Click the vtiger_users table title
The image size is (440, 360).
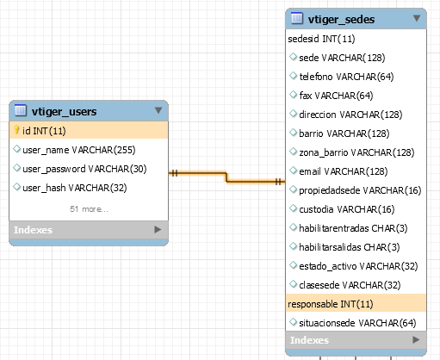tap(64, 111)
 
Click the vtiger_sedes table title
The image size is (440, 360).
tap(341, 20)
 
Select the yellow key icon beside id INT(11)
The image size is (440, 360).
tap(16, 130)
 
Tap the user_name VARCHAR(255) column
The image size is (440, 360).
tap(79, 150)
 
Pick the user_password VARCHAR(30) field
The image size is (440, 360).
tap(84, 169)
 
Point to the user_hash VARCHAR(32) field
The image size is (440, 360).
tap(75, 188)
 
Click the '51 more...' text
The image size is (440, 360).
tap(89, 209)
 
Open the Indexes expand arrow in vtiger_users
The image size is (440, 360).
tap(158, 229)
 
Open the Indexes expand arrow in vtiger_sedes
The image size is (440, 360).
tap(416, 339)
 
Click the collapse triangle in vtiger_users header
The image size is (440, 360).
tap(158, 110)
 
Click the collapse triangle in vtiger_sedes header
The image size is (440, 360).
tap(417, 18)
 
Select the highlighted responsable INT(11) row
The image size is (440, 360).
tap(356, 303)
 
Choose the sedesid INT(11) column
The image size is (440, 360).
tap(321, 39)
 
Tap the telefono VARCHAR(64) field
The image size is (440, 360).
tap(346, 77)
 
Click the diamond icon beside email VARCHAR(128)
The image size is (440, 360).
tap(293, 171)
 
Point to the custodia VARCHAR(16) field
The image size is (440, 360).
tap(347, 209)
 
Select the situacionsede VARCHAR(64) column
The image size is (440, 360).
tap(357, 323)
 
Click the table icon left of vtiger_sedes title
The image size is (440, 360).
tap(297, 18)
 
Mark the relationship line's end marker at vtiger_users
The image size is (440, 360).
tap(175, 173)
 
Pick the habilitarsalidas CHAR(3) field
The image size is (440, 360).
tap(350, 247)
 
